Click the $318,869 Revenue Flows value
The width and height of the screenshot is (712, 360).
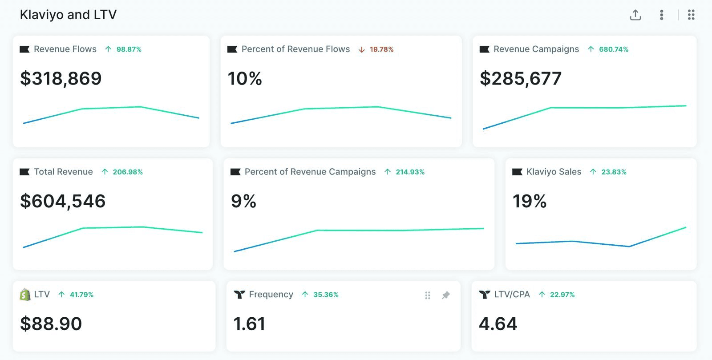[61, 79]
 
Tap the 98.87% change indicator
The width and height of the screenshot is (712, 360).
[129, 49]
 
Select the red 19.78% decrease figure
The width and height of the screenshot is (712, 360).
[381, 49]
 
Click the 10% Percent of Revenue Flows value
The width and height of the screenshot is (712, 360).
[245, 79]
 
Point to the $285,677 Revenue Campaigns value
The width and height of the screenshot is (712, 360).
[521, 79]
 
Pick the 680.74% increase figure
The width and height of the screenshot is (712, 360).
[613, 49]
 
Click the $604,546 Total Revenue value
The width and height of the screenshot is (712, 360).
[63, 201]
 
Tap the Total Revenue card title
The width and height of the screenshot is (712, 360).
[63, 172]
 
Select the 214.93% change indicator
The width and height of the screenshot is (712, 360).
[410, 172]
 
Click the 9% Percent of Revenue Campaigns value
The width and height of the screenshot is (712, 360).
[243, 201]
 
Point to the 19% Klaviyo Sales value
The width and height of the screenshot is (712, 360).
[530, 201]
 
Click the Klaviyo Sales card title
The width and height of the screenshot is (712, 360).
[554, 172]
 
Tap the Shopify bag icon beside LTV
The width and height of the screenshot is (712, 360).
[25, 295]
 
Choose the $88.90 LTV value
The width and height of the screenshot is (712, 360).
[51, 324]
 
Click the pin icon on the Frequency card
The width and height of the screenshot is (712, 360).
[445, 295]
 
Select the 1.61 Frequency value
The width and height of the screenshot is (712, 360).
[249, 324]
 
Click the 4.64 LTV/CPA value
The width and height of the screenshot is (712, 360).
[498, 324]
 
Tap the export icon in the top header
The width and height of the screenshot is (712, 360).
[635, 15]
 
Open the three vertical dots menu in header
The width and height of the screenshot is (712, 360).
[662, 15]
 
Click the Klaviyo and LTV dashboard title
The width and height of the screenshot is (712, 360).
[68, 15]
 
